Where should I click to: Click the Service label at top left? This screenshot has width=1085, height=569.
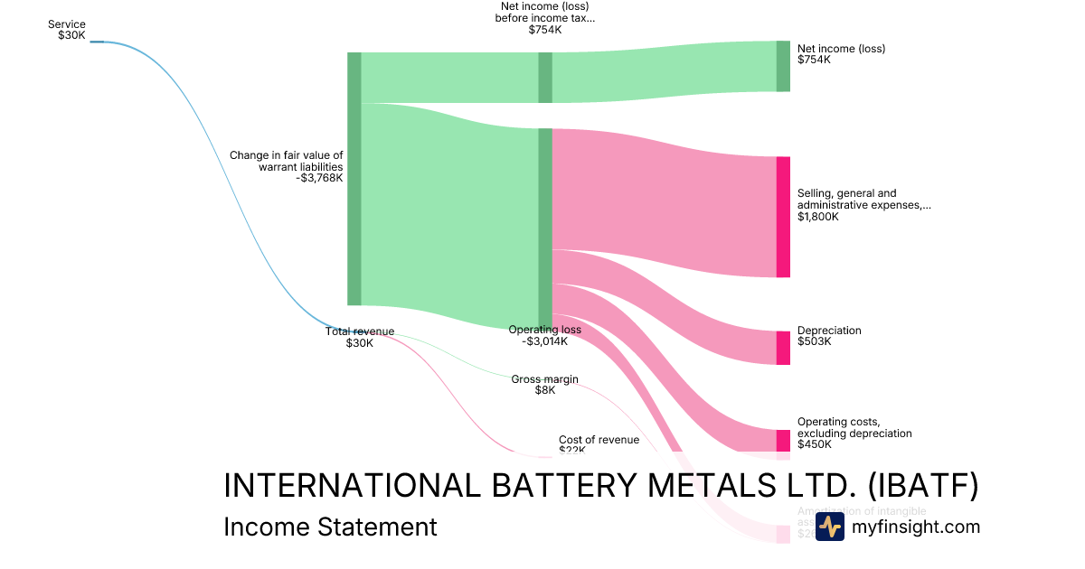pos(67,24)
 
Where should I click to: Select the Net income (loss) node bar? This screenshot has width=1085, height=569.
pos(783,66)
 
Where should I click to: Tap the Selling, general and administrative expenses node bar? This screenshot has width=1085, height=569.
pos(783,217)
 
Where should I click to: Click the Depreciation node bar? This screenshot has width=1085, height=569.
pos(783,348)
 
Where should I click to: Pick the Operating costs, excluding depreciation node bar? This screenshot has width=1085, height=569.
pos(783,440)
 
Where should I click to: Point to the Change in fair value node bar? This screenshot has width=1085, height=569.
pos(354,179)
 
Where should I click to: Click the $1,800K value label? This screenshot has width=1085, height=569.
pos(818,217)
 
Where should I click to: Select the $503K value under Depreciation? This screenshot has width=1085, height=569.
pos(814,341)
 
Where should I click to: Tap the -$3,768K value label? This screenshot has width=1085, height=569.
pos(319,178)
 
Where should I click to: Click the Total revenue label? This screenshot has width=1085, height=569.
pos(360,331)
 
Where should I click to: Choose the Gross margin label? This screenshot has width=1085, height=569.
pos(544,379)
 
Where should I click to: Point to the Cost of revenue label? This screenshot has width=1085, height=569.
pos(599,440)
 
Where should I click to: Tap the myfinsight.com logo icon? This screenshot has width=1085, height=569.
pos(829,527)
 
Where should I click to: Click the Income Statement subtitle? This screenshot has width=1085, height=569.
pos(330,527)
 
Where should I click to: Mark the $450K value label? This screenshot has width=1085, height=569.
pos(814,444)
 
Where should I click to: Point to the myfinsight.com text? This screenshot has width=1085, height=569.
pos(916,527)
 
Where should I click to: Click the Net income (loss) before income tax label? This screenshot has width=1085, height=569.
pos(545,18)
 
